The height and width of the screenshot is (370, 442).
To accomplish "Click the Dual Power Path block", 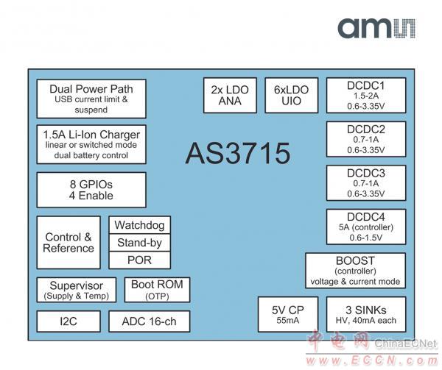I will point(91,99).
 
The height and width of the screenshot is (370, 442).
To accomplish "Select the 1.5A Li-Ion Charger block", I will point(91,144).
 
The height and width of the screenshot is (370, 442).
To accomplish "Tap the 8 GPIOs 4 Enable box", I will point(91,190).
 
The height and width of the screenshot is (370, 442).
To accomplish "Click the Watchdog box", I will point(140,225).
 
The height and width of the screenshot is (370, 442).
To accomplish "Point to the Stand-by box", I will point(140,243).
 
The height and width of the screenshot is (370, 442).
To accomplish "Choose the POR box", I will point(140,260).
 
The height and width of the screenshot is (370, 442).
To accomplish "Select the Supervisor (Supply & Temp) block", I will point(77,290).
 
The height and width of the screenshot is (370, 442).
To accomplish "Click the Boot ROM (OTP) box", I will point(156,290).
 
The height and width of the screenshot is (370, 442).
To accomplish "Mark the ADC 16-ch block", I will point(149,321).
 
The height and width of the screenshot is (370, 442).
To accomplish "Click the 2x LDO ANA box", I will point(230,96).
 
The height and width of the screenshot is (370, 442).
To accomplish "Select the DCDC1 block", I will point(366,96).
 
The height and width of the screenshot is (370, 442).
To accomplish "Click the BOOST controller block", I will point(355,271).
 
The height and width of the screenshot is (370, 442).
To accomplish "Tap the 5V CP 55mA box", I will point(287,314).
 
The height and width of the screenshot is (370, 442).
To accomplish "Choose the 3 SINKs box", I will point(366,314).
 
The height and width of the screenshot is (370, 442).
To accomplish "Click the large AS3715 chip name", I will point(237,154).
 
